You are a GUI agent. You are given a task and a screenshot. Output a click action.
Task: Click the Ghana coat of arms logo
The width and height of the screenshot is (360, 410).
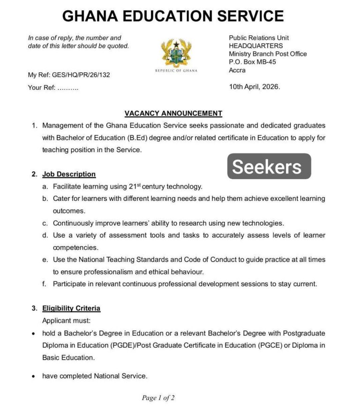pos(176,53)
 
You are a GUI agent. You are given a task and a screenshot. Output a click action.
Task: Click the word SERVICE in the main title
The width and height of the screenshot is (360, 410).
pos(247,16)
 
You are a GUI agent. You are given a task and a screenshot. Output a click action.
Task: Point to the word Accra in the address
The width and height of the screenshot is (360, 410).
pos(237,70)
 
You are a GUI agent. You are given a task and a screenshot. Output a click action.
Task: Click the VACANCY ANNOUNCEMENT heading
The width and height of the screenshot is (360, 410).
pos(173,113)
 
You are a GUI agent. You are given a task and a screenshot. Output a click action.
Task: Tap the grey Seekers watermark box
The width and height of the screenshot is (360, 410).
pos(269,166)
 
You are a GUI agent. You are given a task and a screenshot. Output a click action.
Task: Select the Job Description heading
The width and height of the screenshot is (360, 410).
pos(69,174)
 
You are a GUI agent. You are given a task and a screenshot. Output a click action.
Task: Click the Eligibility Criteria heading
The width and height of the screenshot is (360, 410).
pos(71,308)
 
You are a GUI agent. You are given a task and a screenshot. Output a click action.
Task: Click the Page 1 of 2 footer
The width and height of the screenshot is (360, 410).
pos(158,398)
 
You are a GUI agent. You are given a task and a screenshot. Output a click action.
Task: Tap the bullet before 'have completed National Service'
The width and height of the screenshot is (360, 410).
pos(34,376)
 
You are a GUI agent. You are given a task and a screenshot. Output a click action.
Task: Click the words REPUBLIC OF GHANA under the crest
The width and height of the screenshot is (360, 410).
pos(176,71)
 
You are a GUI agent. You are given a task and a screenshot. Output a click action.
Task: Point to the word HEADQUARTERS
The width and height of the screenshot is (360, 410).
pos(255,46)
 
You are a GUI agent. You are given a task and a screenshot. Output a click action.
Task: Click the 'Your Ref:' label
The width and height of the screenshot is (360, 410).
pos(42,87)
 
